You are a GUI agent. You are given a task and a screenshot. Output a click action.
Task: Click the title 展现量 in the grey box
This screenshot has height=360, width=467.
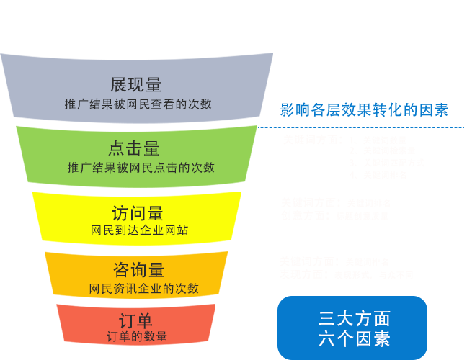click(135, 85)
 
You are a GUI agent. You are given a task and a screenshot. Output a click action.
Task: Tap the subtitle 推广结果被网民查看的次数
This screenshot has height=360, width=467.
click(138, 104)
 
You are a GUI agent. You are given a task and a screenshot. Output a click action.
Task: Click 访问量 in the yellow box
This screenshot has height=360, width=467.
click(138, 213)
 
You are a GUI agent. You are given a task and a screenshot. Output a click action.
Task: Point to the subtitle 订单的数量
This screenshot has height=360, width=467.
click(137, 336)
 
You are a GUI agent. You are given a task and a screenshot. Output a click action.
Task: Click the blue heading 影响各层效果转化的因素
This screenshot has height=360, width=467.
click(364, 110)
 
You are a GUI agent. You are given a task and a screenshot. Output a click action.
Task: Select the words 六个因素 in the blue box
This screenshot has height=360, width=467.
click(354, 338)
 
